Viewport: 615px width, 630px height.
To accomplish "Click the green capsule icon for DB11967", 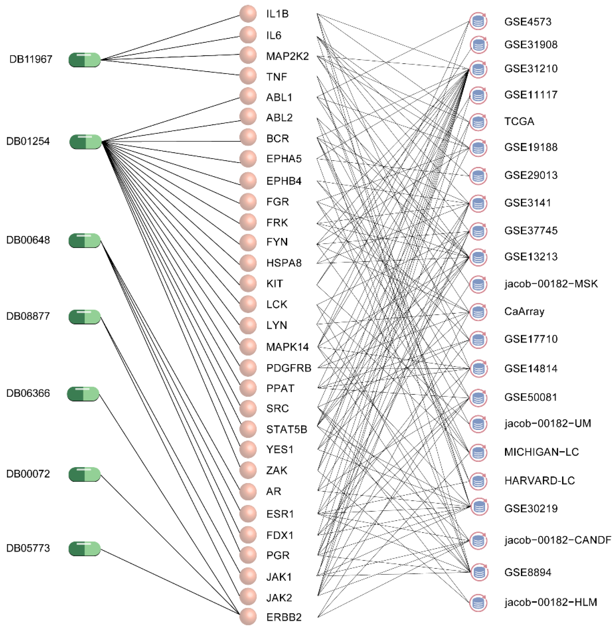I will (x=85, y=60).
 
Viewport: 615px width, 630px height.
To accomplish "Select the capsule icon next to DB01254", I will (x=86, y=142).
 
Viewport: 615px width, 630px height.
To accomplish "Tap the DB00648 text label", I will (x=28, y=240).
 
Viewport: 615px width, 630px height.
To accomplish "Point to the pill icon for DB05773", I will (x=85, y=549).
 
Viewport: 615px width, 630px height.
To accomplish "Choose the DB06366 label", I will (x=28, y=393).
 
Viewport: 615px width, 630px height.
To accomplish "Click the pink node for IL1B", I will (x=248, y=14).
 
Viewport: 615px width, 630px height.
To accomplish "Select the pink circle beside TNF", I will (x=248, y=76).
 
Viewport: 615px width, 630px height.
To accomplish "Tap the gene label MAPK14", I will (x=287, y=347).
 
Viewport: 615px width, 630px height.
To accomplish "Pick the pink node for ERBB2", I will (x=248, y=617).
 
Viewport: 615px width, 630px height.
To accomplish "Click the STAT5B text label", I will (x=286, y=429).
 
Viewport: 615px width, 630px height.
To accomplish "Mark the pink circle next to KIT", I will (x=248, y=283).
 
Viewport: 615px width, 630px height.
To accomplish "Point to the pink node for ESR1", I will (x=248, y=514).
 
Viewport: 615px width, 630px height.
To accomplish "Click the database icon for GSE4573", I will (x=478, y=22).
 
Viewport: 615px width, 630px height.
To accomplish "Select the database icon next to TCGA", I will (x=478, y=122).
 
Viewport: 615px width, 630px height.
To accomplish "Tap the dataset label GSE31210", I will (x=531, y=69).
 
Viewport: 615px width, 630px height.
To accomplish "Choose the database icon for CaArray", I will (x=478, y=312).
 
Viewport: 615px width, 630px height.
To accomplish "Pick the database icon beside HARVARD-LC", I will (x=478, y=481).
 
